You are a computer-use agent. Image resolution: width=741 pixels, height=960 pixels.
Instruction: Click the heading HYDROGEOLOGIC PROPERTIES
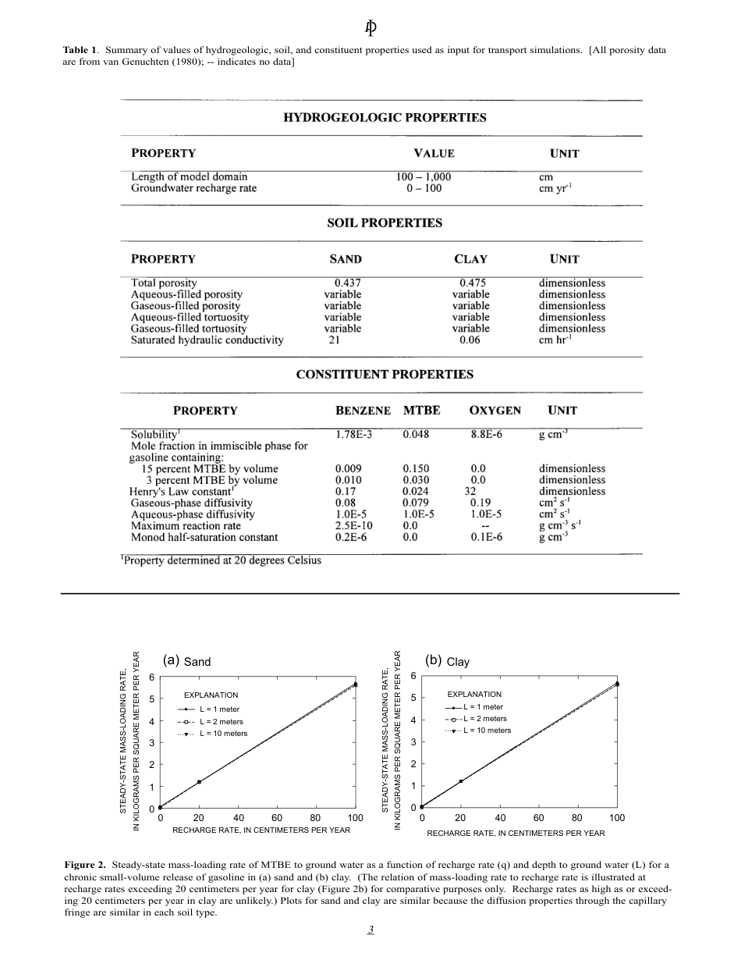click(384, 118)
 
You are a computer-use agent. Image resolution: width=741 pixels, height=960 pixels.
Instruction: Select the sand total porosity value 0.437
click(347, 283)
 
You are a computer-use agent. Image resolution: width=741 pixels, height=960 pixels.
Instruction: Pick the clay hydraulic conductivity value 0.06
click(470, 340)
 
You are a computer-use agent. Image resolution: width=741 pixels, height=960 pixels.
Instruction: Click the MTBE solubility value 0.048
click(416, 435)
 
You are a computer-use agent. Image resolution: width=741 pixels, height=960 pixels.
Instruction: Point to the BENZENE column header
click(363, 411)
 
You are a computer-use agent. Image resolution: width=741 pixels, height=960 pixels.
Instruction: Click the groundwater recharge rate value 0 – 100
click(424, 188)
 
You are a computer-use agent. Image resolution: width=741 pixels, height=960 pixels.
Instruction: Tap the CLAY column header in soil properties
click(470, 259)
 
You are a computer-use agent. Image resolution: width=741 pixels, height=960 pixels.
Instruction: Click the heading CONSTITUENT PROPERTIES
click(384, 375)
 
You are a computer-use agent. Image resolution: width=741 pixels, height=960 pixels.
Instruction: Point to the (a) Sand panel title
click(187, 661)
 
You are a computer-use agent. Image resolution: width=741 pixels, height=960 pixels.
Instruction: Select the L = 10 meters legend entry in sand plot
click(223, 734)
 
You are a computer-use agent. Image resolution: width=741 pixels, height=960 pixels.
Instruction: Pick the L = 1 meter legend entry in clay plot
click(483, 707)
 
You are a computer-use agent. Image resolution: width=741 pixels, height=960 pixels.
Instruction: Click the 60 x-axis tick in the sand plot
click(277, 818)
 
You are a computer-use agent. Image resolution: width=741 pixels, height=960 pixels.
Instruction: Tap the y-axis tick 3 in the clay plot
click(413, 741)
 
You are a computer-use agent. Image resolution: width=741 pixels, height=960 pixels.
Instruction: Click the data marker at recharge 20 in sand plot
click(199, 781)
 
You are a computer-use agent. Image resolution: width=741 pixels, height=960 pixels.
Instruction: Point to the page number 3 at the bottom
click(371, 930)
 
